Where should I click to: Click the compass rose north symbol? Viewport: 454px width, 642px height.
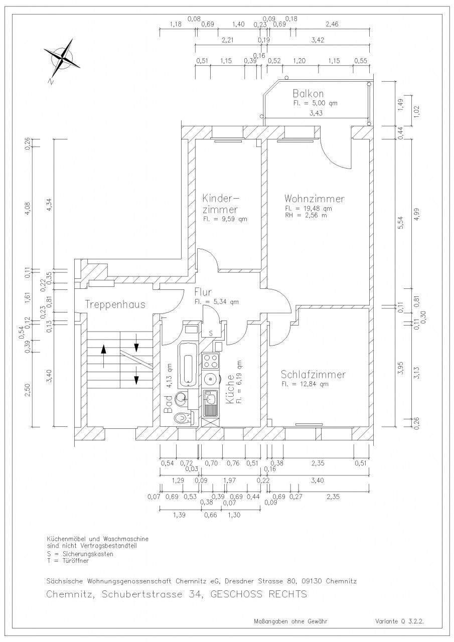point(62,58)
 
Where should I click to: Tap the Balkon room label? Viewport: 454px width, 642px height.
point(308,93)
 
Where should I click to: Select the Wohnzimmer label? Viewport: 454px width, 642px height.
point(314,199)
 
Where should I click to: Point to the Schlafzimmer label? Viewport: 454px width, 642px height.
point(313,375)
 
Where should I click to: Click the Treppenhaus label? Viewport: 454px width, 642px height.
point(115,304)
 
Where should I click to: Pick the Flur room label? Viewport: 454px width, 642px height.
point(203,292)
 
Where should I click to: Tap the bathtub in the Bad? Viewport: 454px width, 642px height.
point(188,365)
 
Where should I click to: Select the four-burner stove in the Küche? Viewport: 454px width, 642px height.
point(210,361)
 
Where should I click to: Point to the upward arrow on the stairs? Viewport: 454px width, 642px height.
point(103,356)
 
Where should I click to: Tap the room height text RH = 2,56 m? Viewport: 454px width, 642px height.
point(306,216)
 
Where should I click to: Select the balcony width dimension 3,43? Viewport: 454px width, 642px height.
point(316,113)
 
